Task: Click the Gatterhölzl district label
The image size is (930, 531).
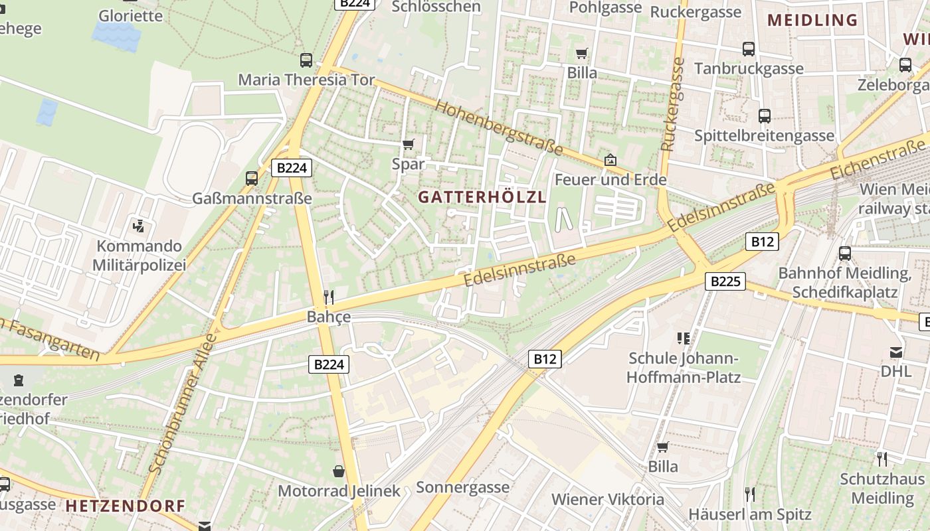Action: [482, 196]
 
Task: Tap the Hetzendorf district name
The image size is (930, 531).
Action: [125, 506]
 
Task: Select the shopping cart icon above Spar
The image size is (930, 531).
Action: [408, 144]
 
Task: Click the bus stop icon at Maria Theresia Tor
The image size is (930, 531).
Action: [306, 60]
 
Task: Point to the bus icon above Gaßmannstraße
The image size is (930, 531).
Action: [252, 178]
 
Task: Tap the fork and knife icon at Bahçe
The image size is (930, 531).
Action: [329, 297]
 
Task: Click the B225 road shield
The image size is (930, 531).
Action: [725, 281]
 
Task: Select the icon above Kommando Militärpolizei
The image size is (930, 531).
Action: [138, 226]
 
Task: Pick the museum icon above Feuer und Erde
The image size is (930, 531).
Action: [610, 160]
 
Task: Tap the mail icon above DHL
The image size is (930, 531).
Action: [896, 352]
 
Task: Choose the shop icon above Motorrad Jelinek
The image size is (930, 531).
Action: [339, 471]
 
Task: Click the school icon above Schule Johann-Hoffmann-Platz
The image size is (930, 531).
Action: [684, 339]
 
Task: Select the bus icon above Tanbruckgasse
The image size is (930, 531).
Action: [749, 48]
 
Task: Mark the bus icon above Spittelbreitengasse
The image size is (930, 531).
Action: [764, 116]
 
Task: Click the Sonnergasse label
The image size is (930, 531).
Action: [462, 487]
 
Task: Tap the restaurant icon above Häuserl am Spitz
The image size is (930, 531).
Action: [749, 494]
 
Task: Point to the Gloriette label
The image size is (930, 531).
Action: [130, 15]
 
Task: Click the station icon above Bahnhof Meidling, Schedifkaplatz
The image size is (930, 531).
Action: [844, 254]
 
